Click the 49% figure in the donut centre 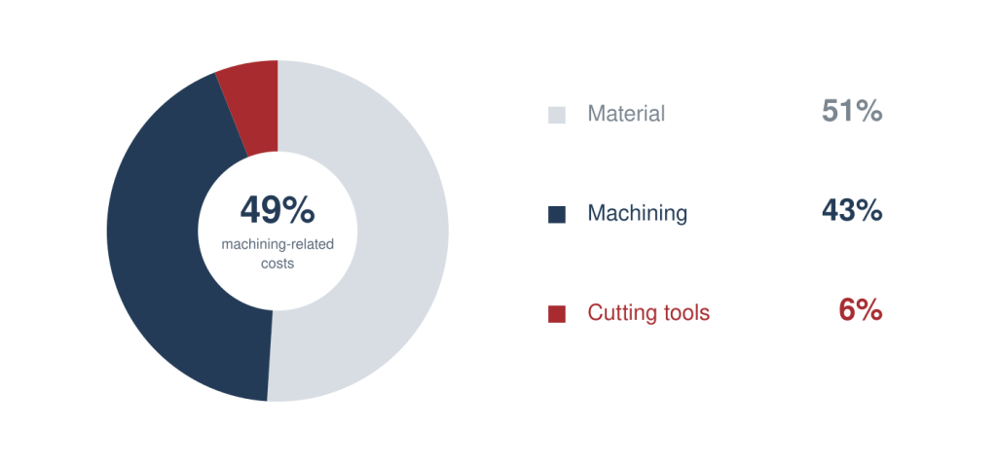277,210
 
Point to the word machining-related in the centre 277,245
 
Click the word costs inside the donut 277,263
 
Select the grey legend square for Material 556,115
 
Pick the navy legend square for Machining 556,214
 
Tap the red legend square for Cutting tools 556,314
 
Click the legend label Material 626,114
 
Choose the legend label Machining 637,214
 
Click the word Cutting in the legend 618,312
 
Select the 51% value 851,111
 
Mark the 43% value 851,211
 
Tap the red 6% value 861,310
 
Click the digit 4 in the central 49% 250,210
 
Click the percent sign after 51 868,111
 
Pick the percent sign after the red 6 868,310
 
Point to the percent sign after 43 868,211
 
